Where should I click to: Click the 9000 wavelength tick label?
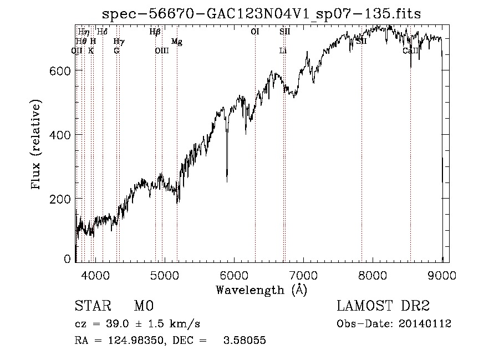(442, 275)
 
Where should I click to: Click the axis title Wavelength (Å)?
(261, 290)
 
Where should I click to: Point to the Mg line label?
(177, 42)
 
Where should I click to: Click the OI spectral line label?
(255, 32)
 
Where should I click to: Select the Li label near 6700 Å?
(283, 51)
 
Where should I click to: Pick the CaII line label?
(410, 51)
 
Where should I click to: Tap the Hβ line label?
(155, 32)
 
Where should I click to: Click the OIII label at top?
(161, 51)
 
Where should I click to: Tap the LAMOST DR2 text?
(383, 306)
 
